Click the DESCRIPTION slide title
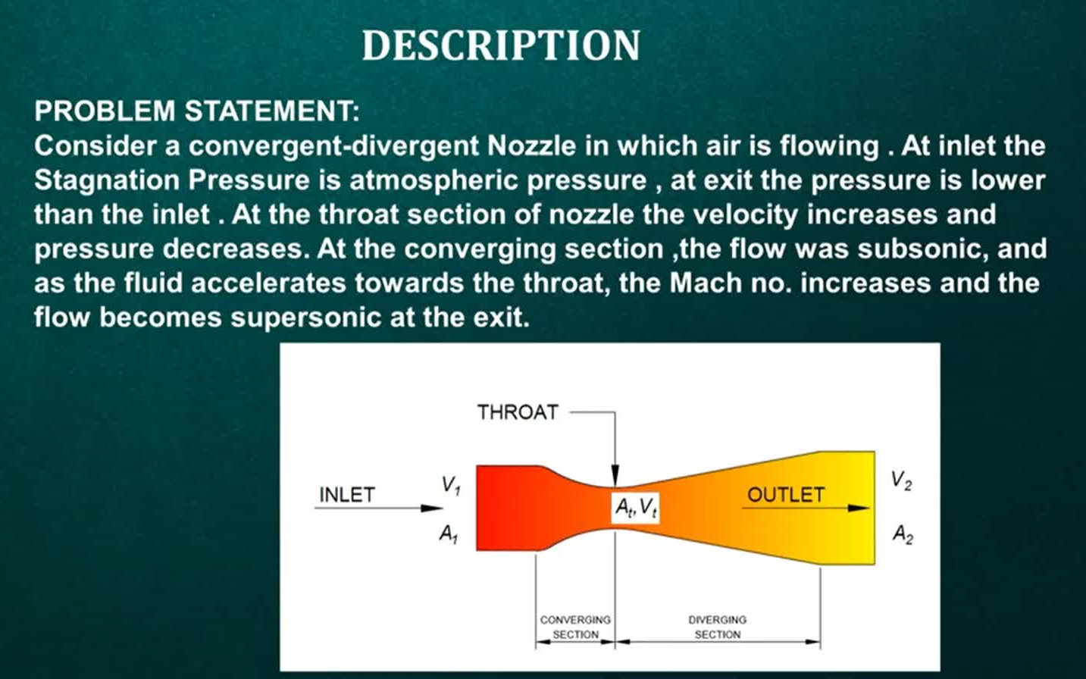click(x=501, y=45)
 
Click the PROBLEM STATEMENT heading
click(x=197, y=111)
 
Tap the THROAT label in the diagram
click(x=518, y=412)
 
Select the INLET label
click(x=347, y=495)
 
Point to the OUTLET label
click(x=785, y=495)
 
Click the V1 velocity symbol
click(x=451, y=485)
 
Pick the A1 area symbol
click(x=449, y=534)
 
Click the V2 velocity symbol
click(x=901, y=480)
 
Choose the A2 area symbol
click(x=903, y=534)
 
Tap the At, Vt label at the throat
click(x=636, y=508)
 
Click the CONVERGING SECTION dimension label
click(x=575, y=627)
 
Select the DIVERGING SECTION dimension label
click(x=718, y=627)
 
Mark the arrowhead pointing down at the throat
click(x=615, y=475)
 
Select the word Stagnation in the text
click(x=107, y=181)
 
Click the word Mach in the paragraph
click(x=706, y=283)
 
